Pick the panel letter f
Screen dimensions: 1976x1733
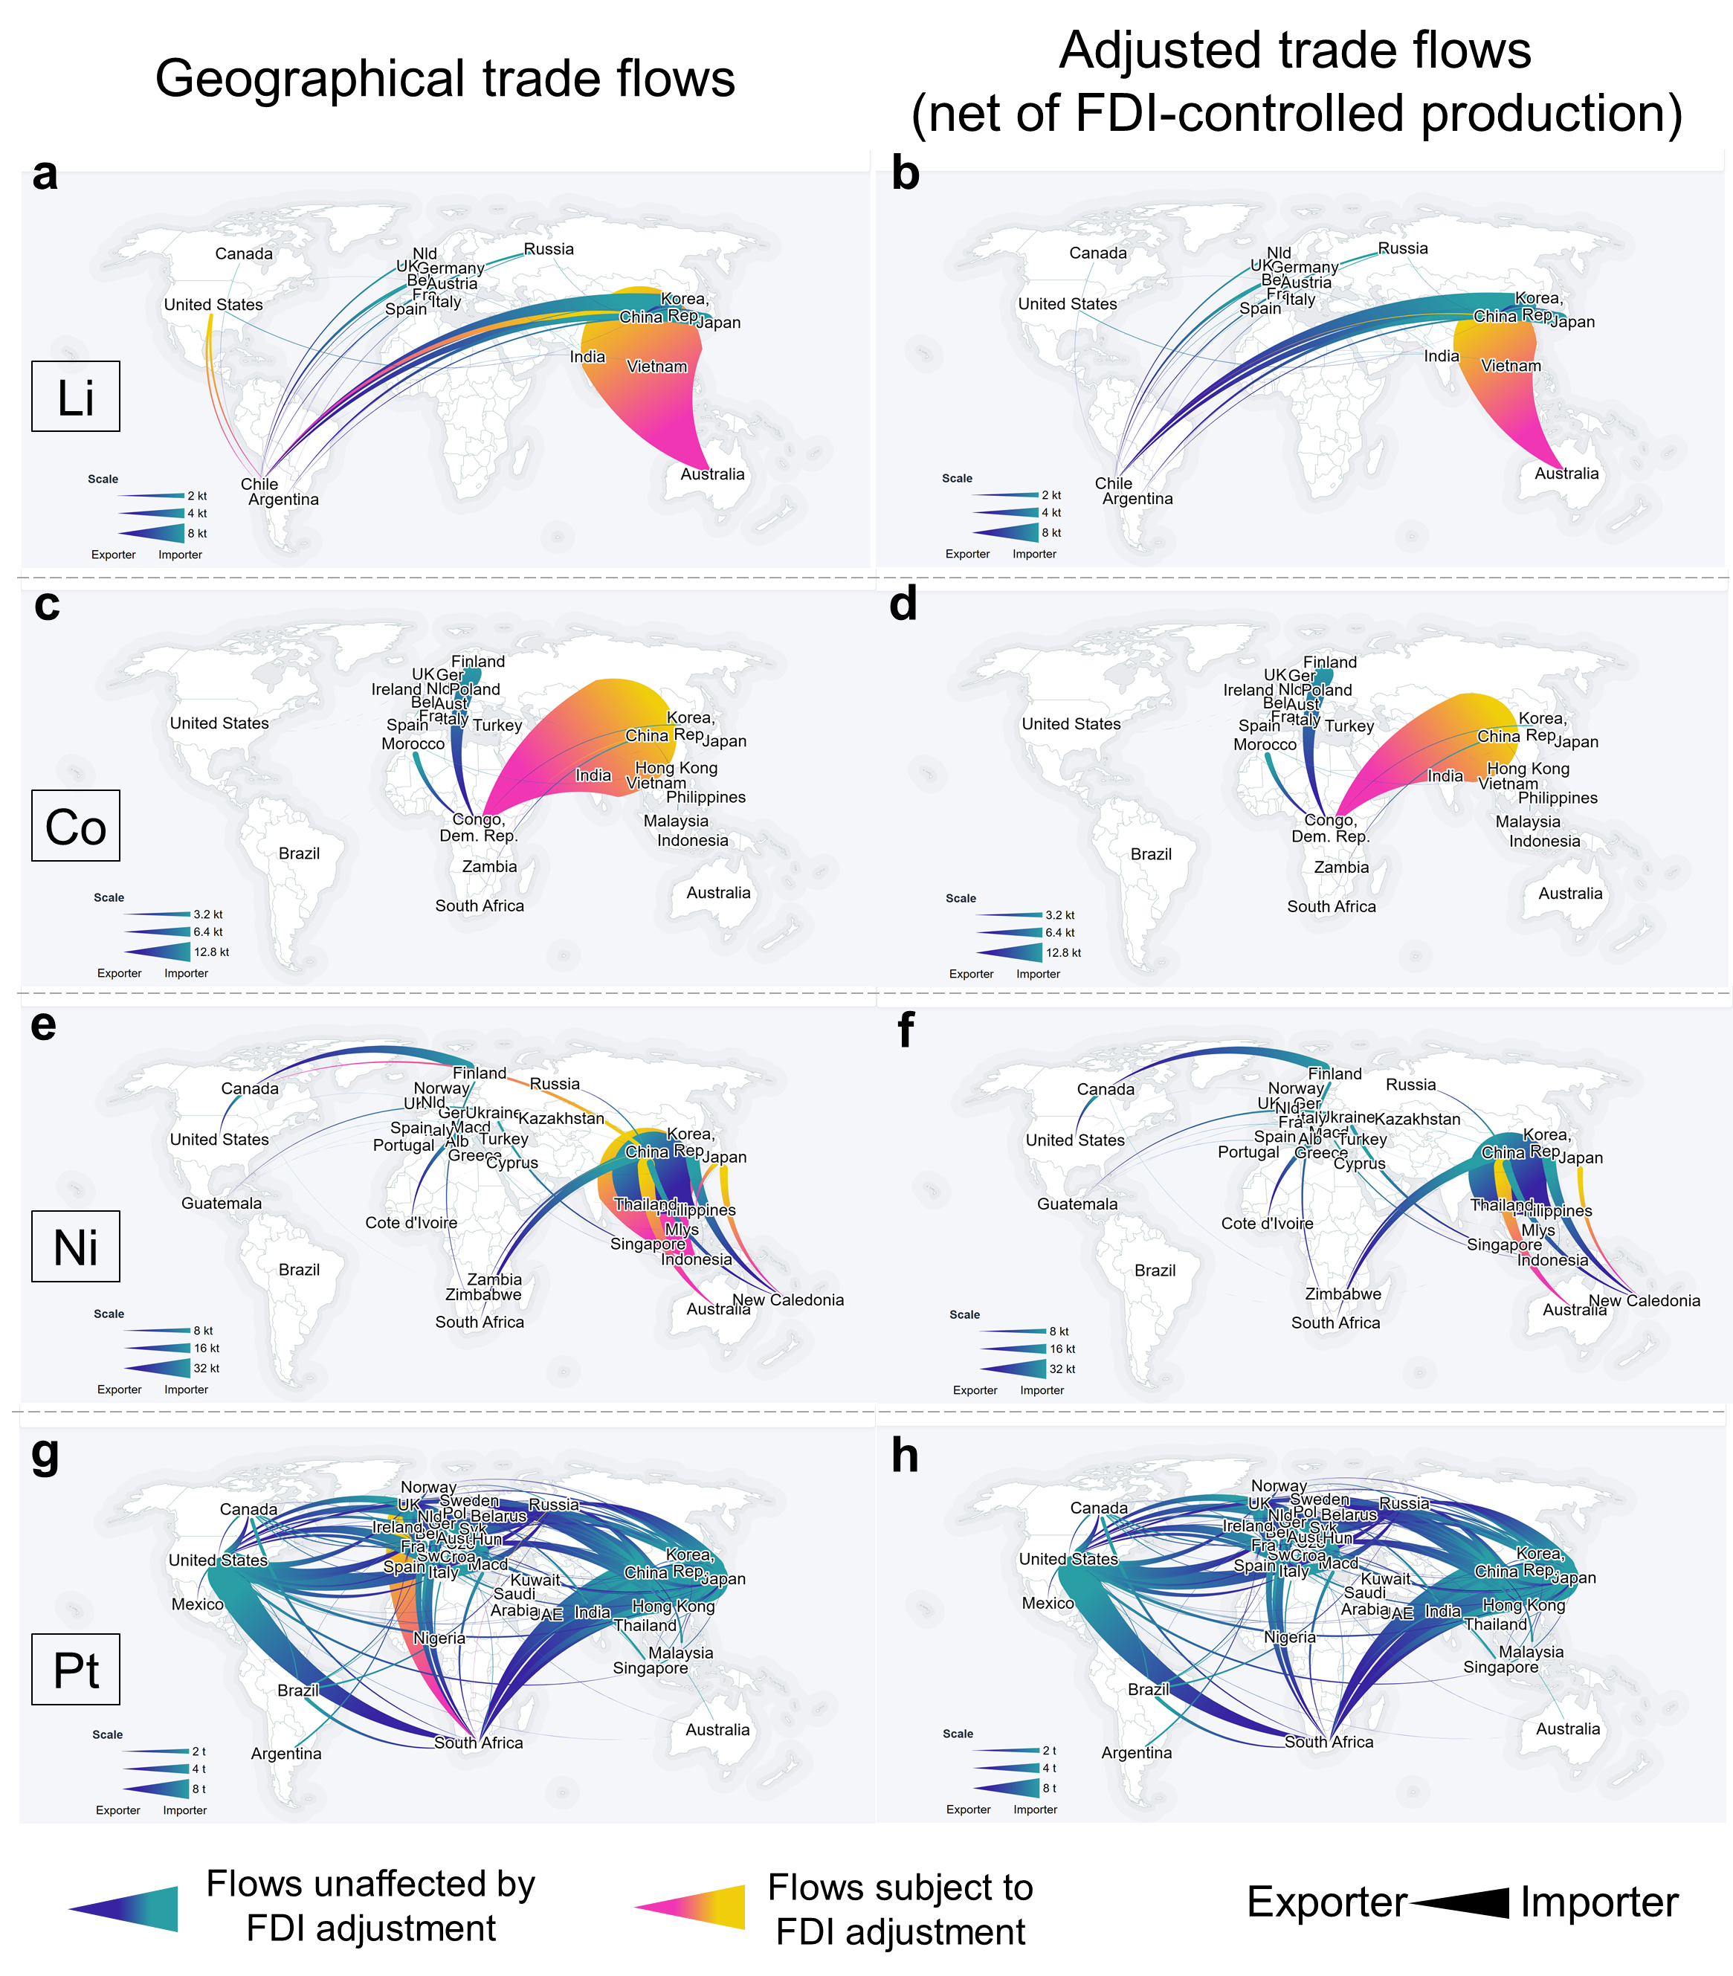tap(905, 1030)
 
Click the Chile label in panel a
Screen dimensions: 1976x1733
tap(259, 483)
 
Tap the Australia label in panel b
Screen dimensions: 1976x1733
tap(1566, 473)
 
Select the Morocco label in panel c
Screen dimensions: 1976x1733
tap(413, 743)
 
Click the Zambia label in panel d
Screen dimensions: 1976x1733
tap(1340, 867)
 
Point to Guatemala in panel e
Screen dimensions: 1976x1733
tap(222, 1203)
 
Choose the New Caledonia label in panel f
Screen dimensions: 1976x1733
tap(1643, 1300)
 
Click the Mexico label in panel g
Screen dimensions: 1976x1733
tap(197, 1604)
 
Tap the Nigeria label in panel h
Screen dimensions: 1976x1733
tap(1289, 1637)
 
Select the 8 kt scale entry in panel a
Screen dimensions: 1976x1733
tap(197, 533)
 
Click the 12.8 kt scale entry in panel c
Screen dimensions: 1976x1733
tap(210, 952)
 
